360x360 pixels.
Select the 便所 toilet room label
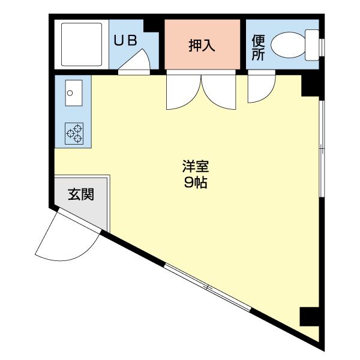click(258, 47)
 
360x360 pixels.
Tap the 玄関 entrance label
click(80, 194)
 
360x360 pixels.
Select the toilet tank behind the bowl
click(312, 44)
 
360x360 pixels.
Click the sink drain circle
click(70, 93)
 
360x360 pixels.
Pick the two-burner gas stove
click(74, 133)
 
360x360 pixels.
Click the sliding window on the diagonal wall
click(208, 287)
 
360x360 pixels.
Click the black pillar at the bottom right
click(310, 316)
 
